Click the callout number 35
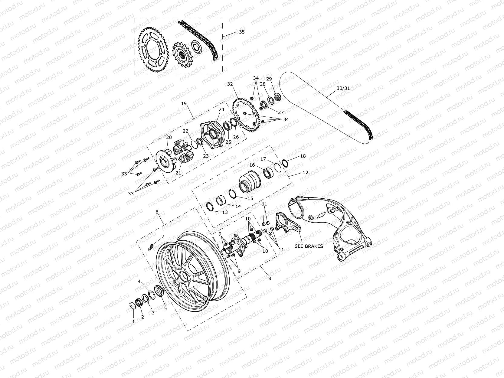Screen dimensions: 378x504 [x=242, y=32]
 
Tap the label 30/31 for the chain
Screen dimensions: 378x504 [x=343, y=88]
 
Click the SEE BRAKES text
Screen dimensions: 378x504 [x=309, y=246]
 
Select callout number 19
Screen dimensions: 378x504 [x=184, y=103]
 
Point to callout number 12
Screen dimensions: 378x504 [x=305, y=172]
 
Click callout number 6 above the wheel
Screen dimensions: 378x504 [x=157, y=212]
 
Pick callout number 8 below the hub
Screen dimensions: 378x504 [x=270, y=278]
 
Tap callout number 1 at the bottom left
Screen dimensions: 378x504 [x=133, y=322]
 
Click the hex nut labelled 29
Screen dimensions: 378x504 [x=277, y=96]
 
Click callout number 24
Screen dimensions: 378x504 [x=221, y=109]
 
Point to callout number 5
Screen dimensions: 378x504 [x=165, y=309]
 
